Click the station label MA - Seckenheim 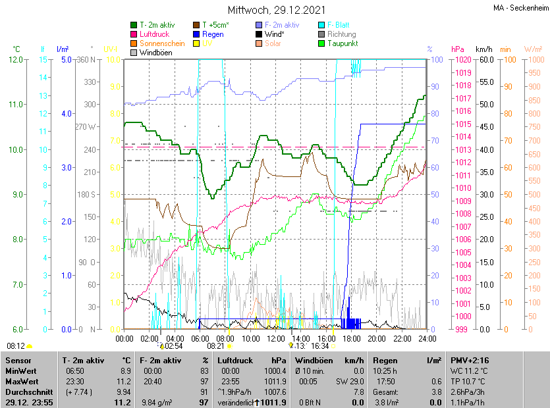click(x=520, y=7)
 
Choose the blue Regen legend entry click(x=212, y=34)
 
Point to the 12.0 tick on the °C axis click(x=14, y=60)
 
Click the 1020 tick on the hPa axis click(x=460, y=60)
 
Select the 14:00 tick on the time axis click(x=300, y=339)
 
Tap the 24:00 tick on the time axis click(x=427, y=339)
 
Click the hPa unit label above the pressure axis click(x=458, y=49)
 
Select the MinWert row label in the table click(x=22, y=372)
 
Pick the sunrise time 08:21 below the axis click(x=216, y=345)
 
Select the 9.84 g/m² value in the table click(x=156, y=402)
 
